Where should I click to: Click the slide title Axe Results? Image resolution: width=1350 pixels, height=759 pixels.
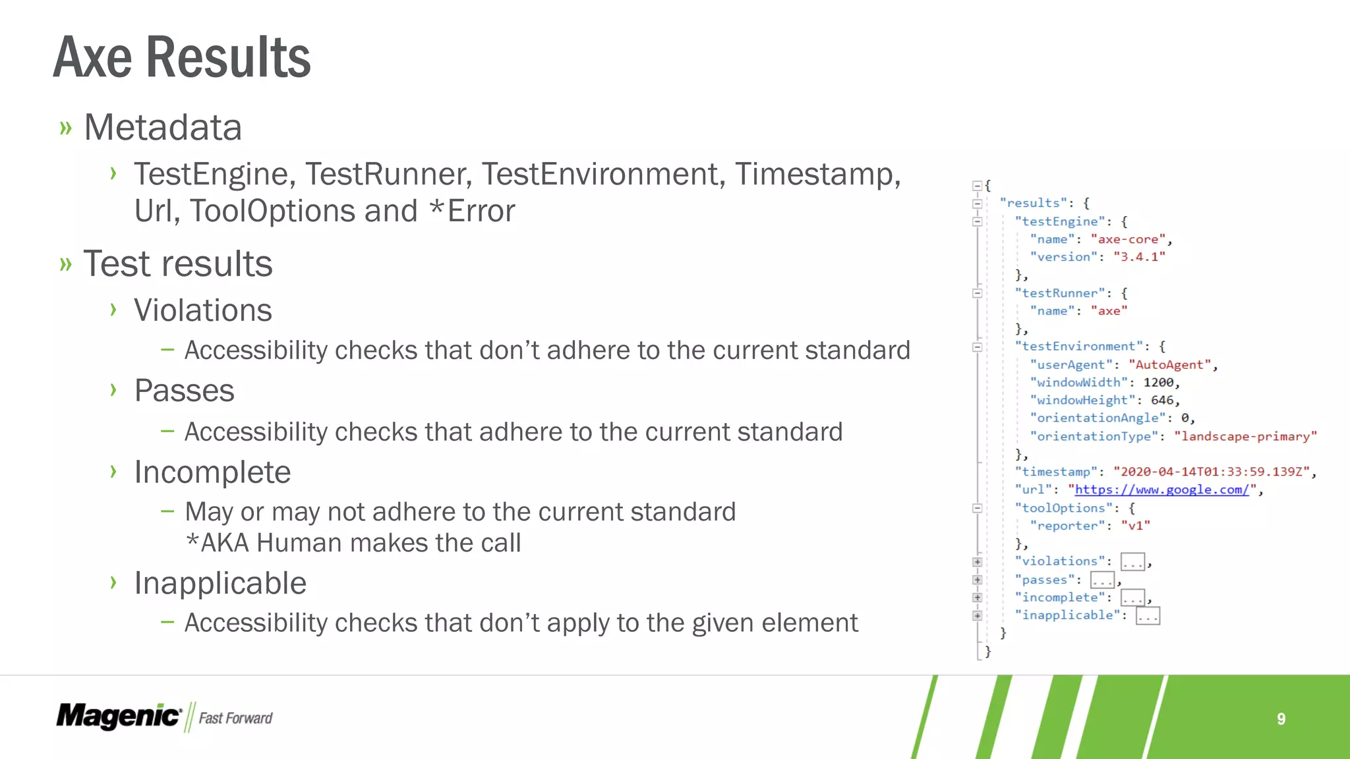click(182, 58)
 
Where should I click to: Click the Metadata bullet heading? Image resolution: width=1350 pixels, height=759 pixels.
click(163, 127)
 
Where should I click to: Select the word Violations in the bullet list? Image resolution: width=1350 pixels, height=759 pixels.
click(202, 310)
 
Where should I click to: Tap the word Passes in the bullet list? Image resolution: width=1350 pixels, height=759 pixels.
click(184, 391)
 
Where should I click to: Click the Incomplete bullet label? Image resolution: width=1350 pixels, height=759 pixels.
click(212, 472)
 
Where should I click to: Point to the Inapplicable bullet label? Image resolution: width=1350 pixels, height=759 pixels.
click(220, 583)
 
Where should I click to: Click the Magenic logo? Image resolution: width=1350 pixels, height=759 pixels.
click(118, 716)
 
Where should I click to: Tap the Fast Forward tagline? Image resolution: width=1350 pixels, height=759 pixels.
click(235, 718)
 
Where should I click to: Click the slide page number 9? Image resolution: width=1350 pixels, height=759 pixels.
click(1281, 719)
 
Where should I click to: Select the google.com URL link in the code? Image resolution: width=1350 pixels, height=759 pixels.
click(1162, 490)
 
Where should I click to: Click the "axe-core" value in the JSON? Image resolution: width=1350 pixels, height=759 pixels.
click(1128, 239)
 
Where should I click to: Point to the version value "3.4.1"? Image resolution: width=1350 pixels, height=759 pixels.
click(1139, 257)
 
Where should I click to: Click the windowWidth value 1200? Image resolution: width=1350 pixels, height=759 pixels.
click(1158, 382)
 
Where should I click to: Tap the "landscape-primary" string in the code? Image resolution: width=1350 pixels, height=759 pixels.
click(1245, 436)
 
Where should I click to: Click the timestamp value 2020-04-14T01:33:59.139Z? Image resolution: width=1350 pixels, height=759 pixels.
click(1212, 472)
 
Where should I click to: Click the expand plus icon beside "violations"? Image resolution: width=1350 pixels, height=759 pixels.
click(978, 562)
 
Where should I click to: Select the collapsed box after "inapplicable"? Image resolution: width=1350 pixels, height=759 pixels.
click(1148, 616)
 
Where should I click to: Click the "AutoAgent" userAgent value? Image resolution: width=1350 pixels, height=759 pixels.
click(1170, 364)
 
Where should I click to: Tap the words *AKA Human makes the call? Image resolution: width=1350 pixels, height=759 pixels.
click(353, 544)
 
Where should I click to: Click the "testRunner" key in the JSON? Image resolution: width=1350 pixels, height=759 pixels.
click(1060, 293)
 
